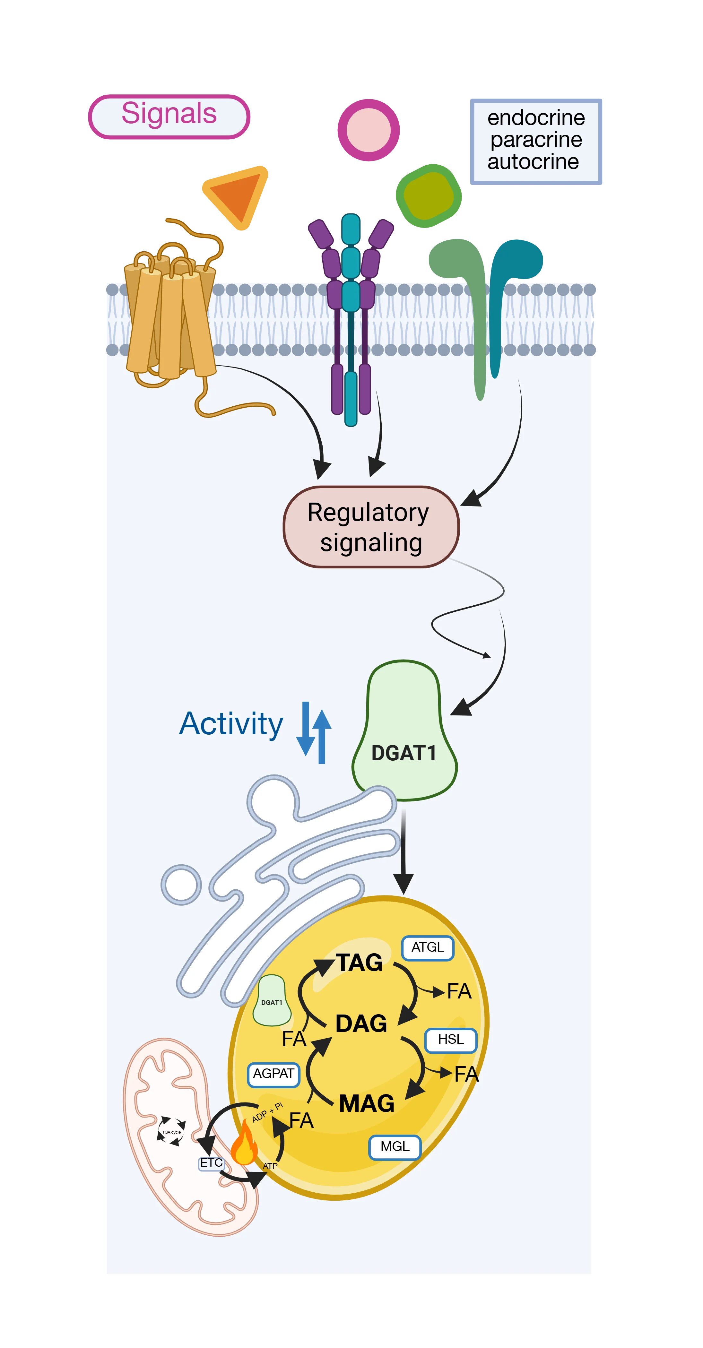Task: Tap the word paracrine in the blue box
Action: [x=536, y=140]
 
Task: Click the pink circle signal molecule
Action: [x=369, y=130]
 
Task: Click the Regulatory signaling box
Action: [x=371, y=527]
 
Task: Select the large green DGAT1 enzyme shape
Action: [x=404, y=730]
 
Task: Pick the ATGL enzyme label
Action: [x=428, y=948]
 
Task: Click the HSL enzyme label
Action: [x=451, y=1040]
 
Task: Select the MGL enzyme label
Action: [x=395, y=1147]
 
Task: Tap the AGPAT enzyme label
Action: [x=273, y=1074]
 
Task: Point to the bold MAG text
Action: [x=366, y=1104]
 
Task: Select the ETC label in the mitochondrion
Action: [x=212, y=1163]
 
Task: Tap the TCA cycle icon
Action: [x=171, y=1132]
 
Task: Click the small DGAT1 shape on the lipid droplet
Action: [x=272, y=1001]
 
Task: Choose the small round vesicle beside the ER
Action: [x=181, y=885]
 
